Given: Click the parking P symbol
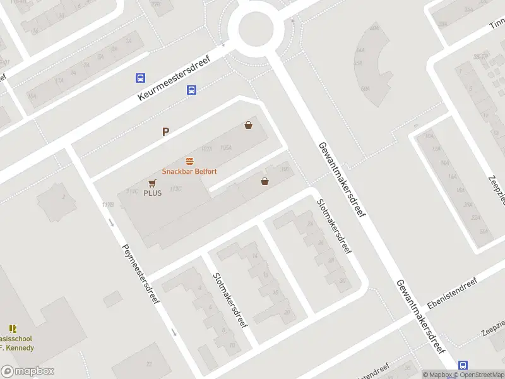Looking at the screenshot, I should pyautogui.click(x=166, y=132).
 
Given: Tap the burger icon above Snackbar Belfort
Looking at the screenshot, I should pyautogui.click(x=189, y=161).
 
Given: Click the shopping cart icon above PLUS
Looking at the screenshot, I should pyautogui.click(x=151, y=183).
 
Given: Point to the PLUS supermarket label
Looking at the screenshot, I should pyautogui.click(x=152, y=193).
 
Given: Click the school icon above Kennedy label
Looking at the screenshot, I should pyautogui.click(x=13, y=328).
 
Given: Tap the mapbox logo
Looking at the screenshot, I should pyautogui.click(x=27, y=371).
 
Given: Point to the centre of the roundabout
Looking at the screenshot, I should pyautogui.click(x=256, y=27).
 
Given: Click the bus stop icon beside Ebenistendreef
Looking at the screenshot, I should pyautogui.click(x=463, y=365).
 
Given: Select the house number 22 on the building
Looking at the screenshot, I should pyautogui.click(x=150, y=364).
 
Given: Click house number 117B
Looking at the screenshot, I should pyautogui.click(x=107, y=205).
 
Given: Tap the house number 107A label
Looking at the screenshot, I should pyautogui.click(x=206, y=148).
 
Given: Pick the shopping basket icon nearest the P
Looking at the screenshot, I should pyautogui.click(x=249, y=125).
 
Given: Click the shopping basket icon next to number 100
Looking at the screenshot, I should pyautogui.click(x=264, y=181).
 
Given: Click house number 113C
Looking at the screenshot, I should pyautogui.click(x=175, y=188).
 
